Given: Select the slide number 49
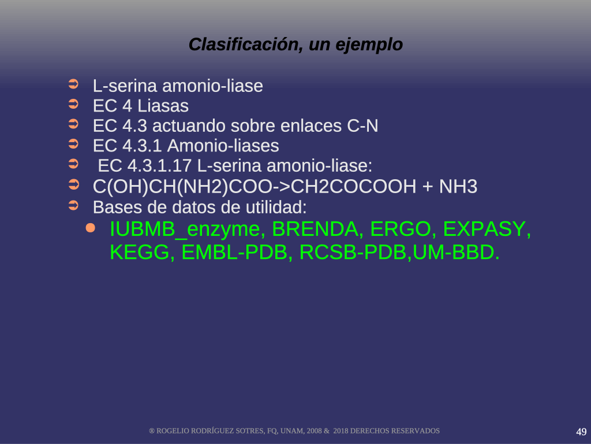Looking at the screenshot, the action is pyautogui.click(x=581, y=431).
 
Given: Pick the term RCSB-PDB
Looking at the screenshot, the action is pyautogui.click(x=353, y=252).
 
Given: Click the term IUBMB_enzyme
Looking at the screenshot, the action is pyautogui.click(x=185, y=230).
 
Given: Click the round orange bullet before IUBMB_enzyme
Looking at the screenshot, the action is pyautogui.click(x=91, y=228).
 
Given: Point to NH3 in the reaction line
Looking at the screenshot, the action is pyautogui.click(x=458, y=187).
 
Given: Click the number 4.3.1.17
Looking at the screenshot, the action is pyautogui.click(x=159, y=166).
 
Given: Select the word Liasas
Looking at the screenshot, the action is pyautogui.click(x=163, y=106).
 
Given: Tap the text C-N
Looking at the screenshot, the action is pyautogui.click(x=362, y=125).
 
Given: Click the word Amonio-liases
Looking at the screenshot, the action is pyautogui.click(x=223, y=146).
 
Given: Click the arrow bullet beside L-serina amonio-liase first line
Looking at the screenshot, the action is pyautogui.click(x=73, y=84).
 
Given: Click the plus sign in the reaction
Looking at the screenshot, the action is pyautogui.click(x=428, y=187).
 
